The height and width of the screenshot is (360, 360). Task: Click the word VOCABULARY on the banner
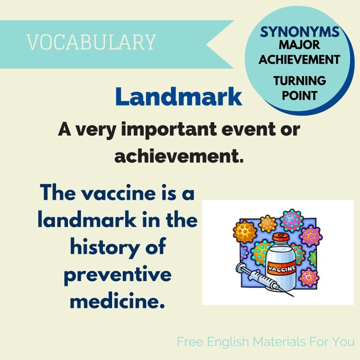[x=91, y=42]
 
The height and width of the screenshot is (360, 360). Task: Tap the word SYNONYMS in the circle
[x=300, y=32]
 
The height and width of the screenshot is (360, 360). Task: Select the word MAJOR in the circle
[x=300, y=45]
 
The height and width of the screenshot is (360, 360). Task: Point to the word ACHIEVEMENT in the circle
[x=300, y=60]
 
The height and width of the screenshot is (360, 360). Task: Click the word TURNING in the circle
[x=300, y=80]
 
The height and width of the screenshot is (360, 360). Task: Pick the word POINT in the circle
[x=300, y=95]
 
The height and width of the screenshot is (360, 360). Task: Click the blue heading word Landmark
[x=179, y=97]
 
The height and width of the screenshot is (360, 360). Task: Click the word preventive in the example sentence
[x=117, y=275]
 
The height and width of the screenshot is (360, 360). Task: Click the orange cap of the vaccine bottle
[x=280, y=238]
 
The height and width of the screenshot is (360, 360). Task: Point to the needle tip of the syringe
[x=293, y=296]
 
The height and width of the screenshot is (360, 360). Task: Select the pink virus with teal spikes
[x=291, y=220]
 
